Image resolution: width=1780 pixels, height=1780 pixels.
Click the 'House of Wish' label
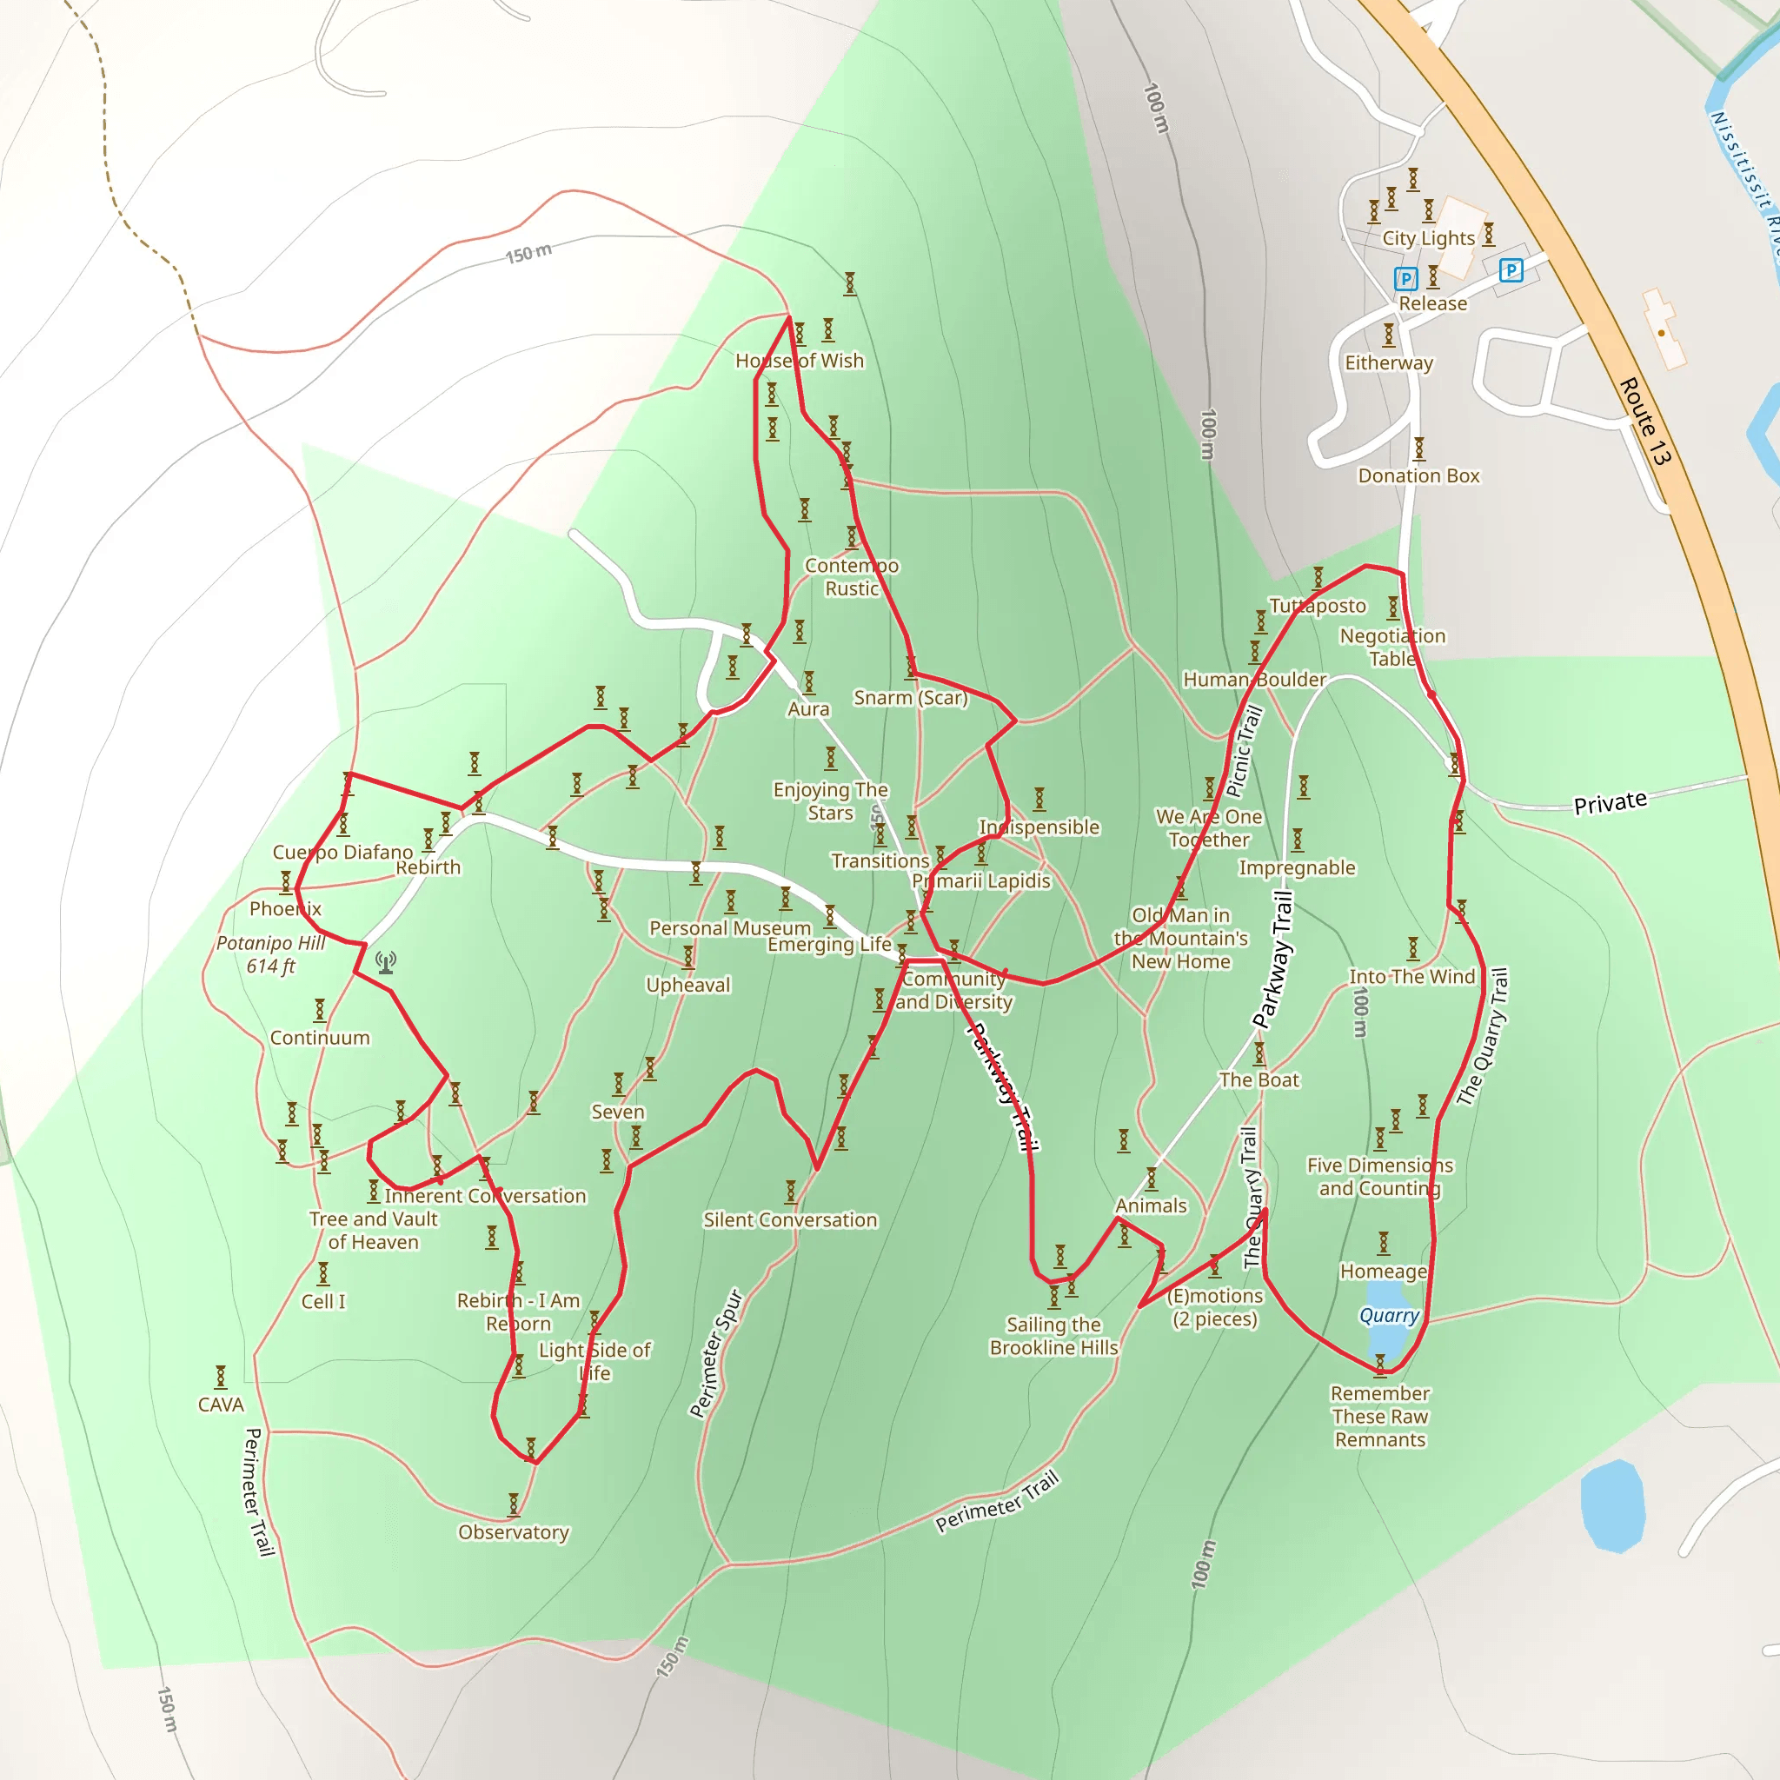click(799, 360)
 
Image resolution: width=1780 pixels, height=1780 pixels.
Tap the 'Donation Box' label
click(1418, 475)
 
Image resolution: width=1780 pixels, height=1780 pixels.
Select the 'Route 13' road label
click(1644, 421)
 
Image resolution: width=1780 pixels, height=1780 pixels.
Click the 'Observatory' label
click(513, 1531)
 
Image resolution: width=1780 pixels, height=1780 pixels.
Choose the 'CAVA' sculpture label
click(220, 1405)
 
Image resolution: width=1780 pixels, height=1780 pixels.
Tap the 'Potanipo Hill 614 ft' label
click(271, 953)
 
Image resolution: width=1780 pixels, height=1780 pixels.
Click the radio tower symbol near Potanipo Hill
click(386, 962)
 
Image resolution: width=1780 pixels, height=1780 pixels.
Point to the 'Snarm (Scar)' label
click(910, 697)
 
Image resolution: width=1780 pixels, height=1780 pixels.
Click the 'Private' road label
click(1610, 802)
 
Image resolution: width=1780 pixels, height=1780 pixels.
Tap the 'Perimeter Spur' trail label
click(716, 1352)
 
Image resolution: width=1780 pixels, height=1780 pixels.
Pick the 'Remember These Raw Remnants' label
click(1379, 1416)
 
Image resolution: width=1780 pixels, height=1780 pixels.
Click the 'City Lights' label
click(1428, 237)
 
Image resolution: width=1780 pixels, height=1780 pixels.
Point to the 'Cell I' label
click(323, 1301)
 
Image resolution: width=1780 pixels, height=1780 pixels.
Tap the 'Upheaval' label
click(688, 984)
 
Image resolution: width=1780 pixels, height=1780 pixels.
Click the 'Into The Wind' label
click(1411, 976)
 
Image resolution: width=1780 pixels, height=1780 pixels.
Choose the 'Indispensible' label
click(1039, 827)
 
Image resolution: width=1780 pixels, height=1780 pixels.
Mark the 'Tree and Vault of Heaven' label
click(373, 1230)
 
